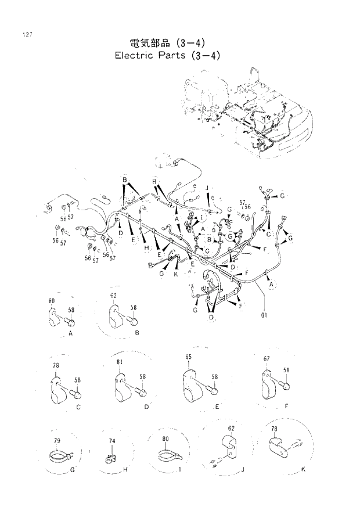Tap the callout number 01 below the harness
point(265,317)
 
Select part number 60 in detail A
point(52,300)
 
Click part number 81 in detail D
point(119,362)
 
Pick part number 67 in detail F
point(267,359)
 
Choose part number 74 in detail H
point(112,441)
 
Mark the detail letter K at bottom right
point(301,468)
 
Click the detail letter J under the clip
point(242,468)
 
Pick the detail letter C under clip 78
point(78,407)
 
